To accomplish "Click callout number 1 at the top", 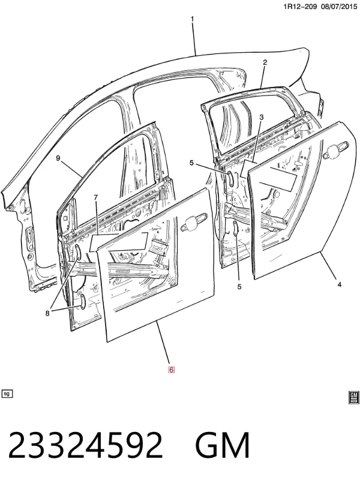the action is [192, 19].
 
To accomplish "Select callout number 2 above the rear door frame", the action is [265, 62].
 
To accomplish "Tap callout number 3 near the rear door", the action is [262, 117].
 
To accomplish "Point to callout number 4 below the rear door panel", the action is [340, 284].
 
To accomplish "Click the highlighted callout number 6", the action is [171, 370].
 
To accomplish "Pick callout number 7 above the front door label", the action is [96, 197].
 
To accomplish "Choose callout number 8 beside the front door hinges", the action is [47, 313].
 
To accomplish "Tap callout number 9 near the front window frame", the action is [58, 158].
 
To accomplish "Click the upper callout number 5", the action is [191, 163].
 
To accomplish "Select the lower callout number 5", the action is [239, 287].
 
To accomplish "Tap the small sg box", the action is [7, 394].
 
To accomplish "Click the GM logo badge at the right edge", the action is [354, 398].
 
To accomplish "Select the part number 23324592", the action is [85, 445].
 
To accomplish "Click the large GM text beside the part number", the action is [223, 445].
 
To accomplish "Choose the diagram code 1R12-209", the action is [300, 6].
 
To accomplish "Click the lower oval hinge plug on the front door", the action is [83, 301].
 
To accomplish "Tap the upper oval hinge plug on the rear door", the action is [231, 178].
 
